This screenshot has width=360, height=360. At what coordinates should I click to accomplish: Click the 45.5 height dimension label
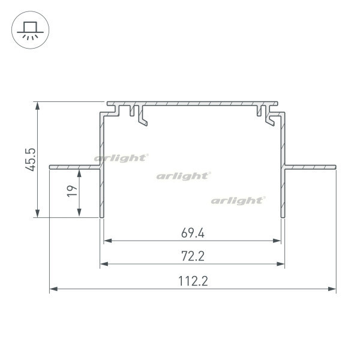(x=31, y=160)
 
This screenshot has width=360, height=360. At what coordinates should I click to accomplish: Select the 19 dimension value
(x=72, y=191)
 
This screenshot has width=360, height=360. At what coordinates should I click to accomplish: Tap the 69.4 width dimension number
(x=193, y=233)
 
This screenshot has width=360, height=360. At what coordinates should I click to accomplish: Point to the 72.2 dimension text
(x=193, y=256)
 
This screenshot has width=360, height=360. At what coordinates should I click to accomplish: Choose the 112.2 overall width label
(x=193, y=281)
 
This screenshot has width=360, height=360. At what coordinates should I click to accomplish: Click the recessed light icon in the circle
(x=30, y=30)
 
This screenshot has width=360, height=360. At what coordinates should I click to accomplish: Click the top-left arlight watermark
(x=121, y=158)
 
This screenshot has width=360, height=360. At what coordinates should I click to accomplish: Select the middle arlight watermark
(x=184, y=176)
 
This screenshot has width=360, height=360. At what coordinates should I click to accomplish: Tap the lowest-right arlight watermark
(x=238, y=200)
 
